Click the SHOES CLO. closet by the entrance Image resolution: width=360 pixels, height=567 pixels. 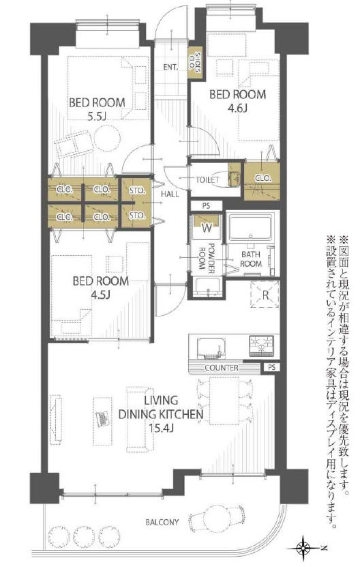196,63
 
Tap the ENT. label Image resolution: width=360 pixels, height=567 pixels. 170,68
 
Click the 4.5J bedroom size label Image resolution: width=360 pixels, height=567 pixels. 100,294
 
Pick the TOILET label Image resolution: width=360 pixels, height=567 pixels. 207,179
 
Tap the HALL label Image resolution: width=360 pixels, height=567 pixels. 170,194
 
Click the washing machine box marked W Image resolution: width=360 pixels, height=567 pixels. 207,227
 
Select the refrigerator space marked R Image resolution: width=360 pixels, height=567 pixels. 265,295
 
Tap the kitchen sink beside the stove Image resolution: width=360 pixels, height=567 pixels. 211,348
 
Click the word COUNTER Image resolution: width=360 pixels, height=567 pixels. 222,368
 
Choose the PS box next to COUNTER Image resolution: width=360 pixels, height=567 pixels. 271,367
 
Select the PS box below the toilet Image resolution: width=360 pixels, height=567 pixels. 206,206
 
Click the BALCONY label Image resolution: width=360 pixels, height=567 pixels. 162,522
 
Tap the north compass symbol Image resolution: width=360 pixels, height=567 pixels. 303,548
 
